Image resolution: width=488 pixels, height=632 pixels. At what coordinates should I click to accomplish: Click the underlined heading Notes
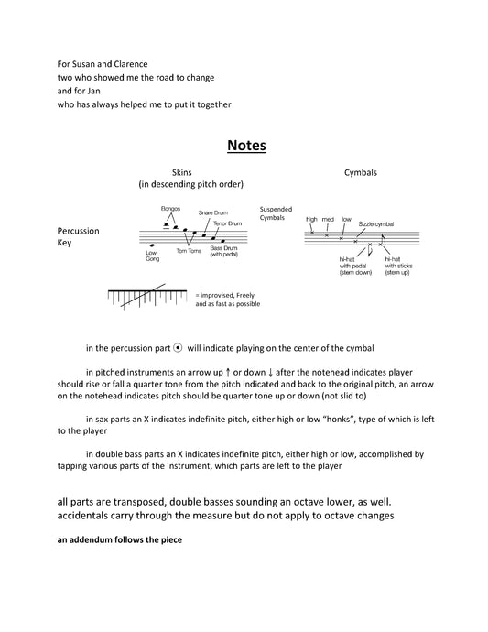coord(246,146)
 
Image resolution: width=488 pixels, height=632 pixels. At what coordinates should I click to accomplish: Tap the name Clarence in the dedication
coord(131,64)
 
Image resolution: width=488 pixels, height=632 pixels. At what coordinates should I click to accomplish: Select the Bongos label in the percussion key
coord(170,209)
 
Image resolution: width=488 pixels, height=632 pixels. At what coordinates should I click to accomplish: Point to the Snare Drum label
coord(212,212)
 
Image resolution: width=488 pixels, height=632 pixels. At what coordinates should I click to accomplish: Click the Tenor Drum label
coord(228,223)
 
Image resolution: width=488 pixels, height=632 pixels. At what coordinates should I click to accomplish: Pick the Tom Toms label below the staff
coord(189,251)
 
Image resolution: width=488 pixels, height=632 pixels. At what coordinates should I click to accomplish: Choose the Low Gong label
coord(152,256)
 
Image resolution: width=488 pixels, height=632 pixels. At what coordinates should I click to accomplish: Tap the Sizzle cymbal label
coord(376,224)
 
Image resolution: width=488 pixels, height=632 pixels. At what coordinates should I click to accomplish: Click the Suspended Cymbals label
coord(276,213)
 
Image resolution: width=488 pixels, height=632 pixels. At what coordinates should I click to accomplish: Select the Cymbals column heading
coord(361,172)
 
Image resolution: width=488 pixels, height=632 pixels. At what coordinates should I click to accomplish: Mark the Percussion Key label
coord(78,236)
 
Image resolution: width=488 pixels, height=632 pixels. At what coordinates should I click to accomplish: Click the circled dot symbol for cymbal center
coord(178,348)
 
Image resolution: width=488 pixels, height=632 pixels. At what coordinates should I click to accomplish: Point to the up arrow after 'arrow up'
coord(228,373)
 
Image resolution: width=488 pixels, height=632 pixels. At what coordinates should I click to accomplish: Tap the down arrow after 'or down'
coord(270,373)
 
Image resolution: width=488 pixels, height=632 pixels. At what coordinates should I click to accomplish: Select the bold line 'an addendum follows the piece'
coord(120,539)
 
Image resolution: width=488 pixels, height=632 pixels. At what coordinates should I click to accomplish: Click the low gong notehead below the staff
coord(152,245)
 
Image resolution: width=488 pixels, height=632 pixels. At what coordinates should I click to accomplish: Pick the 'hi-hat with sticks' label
coord(398,266)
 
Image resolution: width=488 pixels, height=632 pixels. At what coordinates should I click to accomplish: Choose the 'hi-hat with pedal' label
coord(355,266)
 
